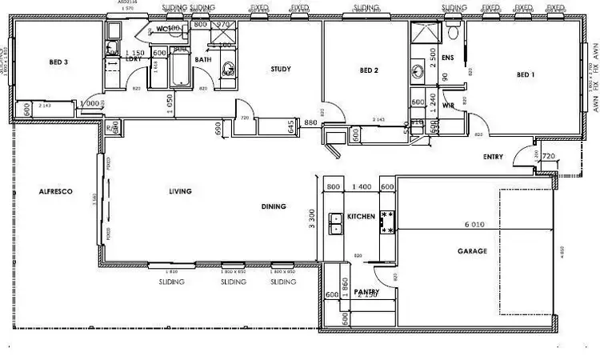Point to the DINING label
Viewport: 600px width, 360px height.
274,207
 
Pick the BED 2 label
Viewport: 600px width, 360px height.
368,70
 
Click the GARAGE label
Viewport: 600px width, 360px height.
472,251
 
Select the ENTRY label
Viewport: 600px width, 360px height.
494,157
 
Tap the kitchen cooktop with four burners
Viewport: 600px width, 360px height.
388,222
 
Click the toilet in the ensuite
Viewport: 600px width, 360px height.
454,34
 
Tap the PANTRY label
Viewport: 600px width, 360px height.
366,292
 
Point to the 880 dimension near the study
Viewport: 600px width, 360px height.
311,122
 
